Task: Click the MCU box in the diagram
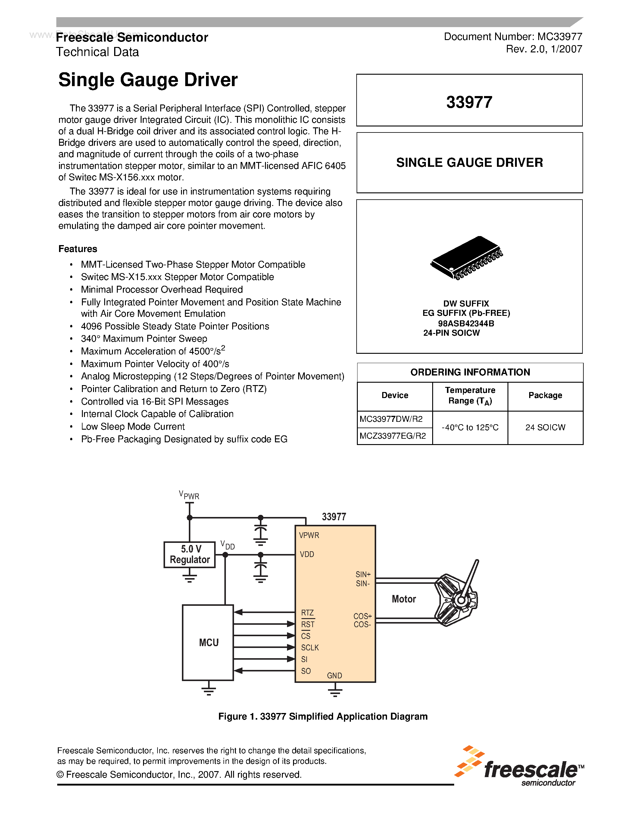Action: (x=208, y=642)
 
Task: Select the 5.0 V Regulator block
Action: (x=189, y=554)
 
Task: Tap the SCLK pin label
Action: (x=310, y=648)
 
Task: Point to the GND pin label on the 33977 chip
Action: (x=334, y=676)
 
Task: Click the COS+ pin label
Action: (x=362, y=616)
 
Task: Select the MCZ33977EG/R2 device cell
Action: (x=393, y=436)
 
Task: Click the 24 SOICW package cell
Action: (x=545, y=427)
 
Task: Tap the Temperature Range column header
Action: (x=470, y=395)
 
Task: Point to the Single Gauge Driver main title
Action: (x=148, y=80)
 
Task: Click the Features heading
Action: (x=78, y=249)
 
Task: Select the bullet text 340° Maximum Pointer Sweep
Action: (x=144, y=338)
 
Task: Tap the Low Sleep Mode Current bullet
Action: (x=133, y=427)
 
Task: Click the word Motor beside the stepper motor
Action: (x=404, y=599)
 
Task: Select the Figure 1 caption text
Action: (x=323, y=716)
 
